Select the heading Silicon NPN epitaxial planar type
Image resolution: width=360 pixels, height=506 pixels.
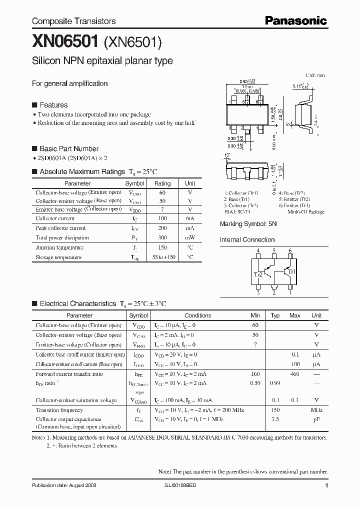pyautogui.click(x=102, y=61)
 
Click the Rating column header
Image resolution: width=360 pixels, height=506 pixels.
pyautogui.click(x=162, y=183)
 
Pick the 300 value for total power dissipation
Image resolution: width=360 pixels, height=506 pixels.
pyautogui.click(x=162, y=237)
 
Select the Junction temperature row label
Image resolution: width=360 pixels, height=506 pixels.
pyautogui.click(x=55, y=247)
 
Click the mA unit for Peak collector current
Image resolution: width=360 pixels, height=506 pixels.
pyautogui.click(x=190, y=228)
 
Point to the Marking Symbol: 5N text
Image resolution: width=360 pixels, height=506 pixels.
pyautogui.click(x=248, y=224)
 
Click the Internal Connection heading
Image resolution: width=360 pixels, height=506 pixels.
pyautogui.click(x=247, y=240)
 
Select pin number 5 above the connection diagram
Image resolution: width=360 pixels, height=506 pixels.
pyautogui.click(x=274, y=251)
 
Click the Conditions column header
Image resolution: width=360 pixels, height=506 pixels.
pyautogui.click(x=197, y=315)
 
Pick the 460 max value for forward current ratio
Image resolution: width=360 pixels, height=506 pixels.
pyautogui.click(x=294, y=373)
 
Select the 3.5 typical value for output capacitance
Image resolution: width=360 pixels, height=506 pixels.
pyautogui.click(x=275, y=419)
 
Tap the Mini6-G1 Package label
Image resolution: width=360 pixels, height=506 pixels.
pyautogui.click(x=306, y=212)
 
